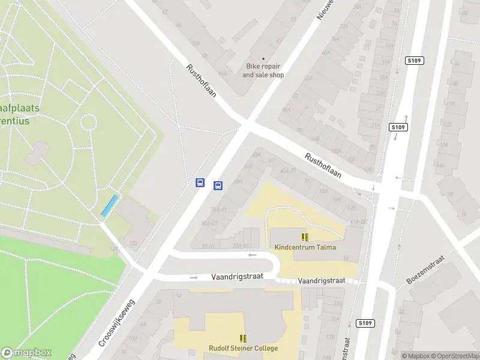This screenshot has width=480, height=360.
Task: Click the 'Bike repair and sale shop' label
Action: pyautogui.click(x=263, y=71)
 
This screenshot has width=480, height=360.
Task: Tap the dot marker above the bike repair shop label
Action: pyautogui.click(x=263, y=59)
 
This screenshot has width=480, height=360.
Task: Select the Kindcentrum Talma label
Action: pyautogui.click(x=305, y=247)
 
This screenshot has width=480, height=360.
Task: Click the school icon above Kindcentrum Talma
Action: pyautogui.click(x=305, y=237)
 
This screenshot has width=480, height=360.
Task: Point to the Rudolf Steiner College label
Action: pyautogui.click(x=243, y=349)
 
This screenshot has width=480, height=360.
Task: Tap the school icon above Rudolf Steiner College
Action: pyautogui.click(x=243, y=338)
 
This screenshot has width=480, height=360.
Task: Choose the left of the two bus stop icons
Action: pyautogui.click(x=200, y=182)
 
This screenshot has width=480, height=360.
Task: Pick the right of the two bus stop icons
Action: pyautogui.click(x=218, y=185)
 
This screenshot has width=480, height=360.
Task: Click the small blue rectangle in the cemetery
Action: pyautogui.click(x=109, y=206)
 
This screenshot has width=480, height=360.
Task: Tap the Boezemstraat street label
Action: pyautogui.click(x=425, y=271)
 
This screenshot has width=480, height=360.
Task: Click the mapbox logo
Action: pyautogui.click(x=26, y=353)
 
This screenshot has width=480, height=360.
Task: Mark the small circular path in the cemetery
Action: pyautogui.click(x=88, y=122)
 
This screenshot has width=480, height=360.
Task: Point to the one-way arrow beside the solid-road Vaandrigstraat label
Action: pyautogui.click(x=193, y=278)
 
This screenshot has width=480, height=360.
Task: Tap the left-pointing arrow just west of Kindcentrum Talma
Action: pyautogui.click(x=253, y=255)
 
